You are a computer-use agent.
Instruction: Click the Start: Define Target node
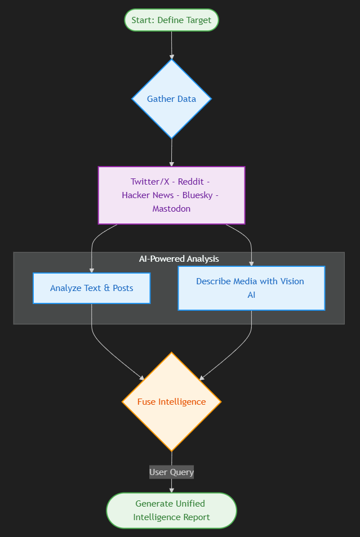[171, 20]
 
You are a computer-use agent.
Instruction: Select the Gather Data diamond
[171, 99]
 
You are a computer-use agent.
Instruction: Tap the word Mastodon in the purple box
[171, 208]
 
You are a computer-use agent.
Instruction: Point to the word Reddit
[190, 181]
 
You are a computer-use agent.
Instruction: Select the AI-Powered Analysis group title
[179, 259]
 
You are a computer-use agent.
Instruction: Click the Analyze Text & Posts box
[92, 288]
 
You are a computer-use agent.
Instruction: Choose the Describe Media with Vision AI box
[251, 288]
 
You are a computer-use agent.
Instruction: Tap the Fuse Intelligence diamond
[171, 402]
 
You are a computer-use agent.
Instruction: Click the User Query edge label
[171, 472]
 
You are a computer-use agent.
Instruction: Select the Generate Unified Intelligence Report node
[171, 511]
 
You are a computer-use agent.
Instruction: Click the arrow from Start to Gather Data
[172, 45]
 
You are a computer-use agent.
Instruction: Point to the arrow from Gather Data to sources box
[172, 152]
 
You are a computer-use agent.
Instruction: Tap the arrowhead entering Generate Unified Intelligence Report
[171, 490]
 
